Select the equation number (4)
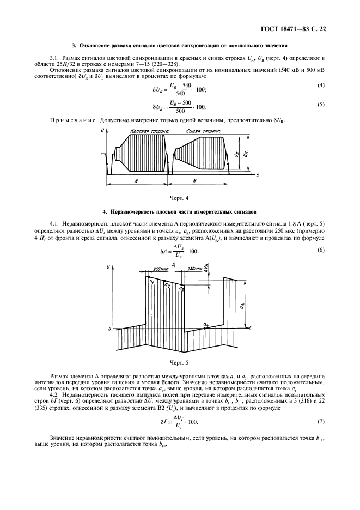pyautogui.click(x=322, y=86)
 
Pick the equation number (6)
pyautogui.click(x=322, y=250)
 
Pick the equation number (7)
pyautogui.click(x=322, y=421)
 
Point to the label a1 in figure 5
pyautogui.click(x=152, y=281)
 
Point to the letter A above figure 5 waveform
pyautogui.click(x=172, y=264)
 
